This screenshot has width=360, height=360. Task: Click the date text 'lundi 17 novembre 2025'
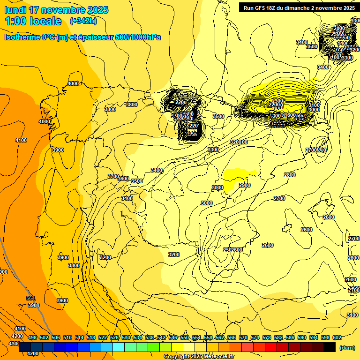pos(56,10)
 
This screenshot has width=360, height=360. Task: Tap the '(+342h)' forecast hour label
pos(83,21)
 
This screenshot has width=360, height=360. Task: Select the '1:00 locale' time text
pos(33,21)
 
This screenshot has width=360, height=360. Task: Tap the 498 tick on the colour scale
pos(32,337)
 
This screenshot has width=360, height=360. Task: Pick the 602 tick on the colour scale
pos(337,337)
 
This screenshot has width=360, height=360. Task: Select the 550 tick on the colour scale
pos(185,337)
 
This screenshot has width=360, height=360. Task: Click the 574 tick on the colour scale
pos(255,337)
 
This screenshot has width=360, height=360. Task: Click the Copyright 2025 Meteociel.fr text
pos(199,356)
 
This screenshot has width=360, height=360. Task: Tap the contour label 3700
pos(113,176)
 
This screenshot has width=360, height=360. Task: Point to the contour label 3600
pos(123,179)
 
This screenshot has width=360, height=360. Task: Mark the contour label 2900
pos(245,185)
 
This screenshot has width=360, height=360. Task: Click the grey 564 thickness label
pos(30,298)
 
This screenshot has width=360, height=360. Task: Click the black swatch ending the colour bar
pos(329,347)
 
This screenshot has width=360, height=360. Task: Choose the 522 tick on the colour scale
pos(103,337)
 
